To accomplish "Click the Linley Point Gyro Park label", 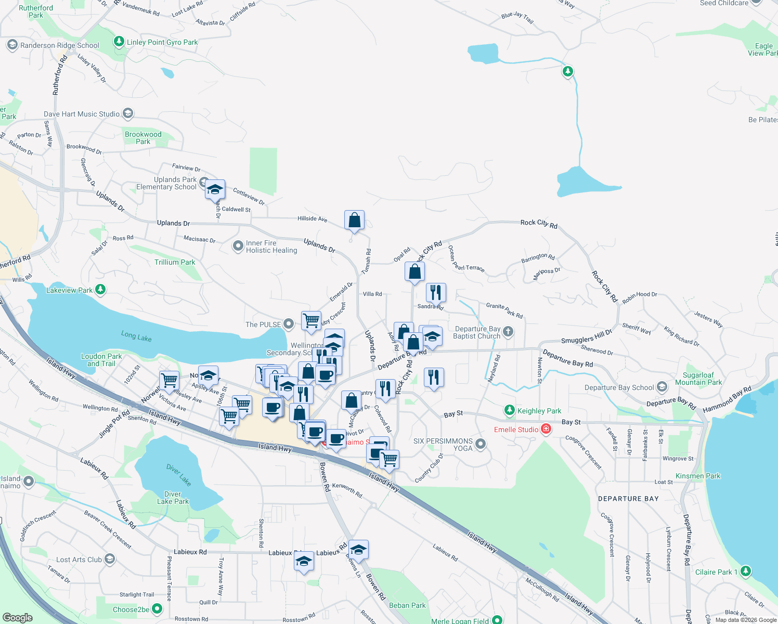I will pyautogui.click(x=162, y=42).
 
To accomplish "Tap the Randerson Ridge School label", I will pyautogui.click(x=59, y=45).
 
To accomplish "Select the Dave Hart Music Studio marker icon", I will pyautogui.click(x=128, y=113).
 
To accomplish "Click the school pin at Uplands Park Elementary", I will pyautogui.click(x=214, y=190).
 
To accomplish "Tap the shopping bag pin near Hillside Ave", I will pyautogui.click(x=354, y=220).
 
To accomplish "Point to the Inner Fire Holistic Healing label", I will pyautogui.click(x=271, y=246).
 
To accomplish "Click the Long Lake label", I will pyautogui.click(x=136, y=336).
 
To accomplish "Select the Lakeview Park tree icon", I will pyautogui.click(x=100, y=290).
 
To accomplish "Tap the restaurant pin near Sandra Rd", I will pyautogui.click(x=436, y=293).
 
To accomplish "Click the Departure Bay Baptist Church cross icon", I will pyautogui.click(x=509, y=331).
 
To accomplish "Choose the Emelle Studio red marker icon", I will pyautogui.click(x=546, y=429).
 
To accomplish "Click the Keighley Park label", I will pyautogui.click(x=539, y=411).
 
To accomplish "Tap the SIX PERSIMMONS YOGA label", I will pyautogui.click(x=443, y=445).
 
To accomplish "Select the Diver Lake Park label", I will pyautogui.click(x=173, y=498).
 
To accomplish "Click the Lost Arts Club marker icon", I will pyautogui.click(x=110, y=559).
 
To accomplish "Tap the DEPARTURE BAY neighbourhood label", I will pyautogui.click(x=628, y=499).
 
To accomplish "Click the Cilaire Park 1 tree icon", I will pyautogui.click(x=746, y=571).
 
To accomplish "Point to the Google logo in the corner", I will pyautogui.click(x=17, y=617).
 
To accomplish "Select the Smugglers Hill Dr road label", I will pyautogui.click(x=587, y=336).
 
